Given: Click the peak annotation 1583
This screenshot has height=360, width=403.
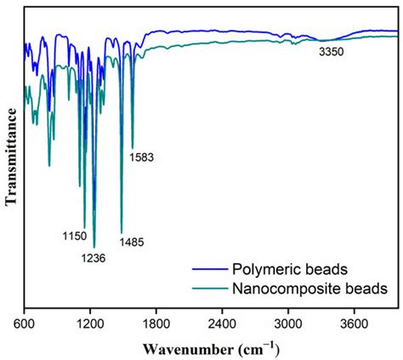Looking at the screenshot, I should tap(142, 157).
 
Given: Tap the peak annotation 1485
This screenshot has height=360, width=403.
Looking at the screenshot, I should tap(132, 243).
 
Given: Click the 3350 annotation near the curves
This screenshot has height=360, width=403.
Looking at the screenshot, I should tap(331, 53).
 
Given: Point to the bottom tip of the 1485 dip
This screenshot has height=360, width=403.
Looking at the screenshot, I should tap(122, 232).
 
